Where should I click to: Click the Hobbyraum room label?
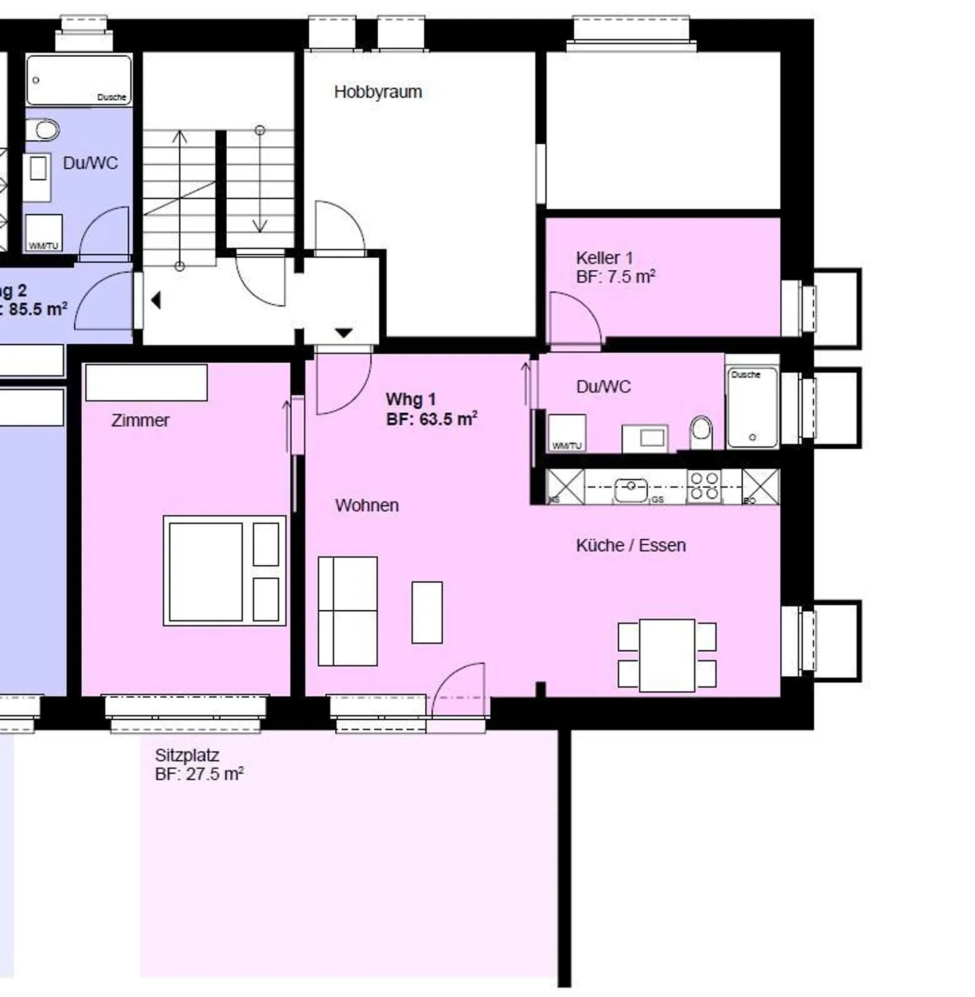(x=378, y=92)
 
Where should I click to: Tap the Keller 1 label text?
(x=604, y=258)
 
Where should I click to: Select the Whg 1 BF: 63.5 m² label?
(x=431, y=409)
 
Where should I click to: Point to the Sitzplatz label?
(x=187, y=755)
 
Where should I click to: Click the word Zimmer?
(x=140, y=420)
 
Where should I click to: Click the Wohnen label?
(x=366, y=506)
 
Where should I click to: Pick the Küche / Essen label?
(x=630, y=546)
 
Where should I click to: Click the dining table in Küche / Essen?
(x=667, y=655)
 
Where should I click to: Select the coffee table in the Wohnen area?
(x=427, y=612)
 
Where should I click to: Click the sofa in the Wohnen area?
(x=347, y=611)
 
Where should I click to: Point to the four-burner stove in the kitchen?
(x=704, y=487)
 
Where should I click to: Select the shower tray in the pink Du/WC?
(x=752, y=407)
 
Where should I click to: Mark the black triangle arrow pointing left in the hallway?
(x=156, y=300)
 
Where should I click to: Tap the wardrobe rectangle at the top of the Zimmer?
(x=146, y=382)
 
